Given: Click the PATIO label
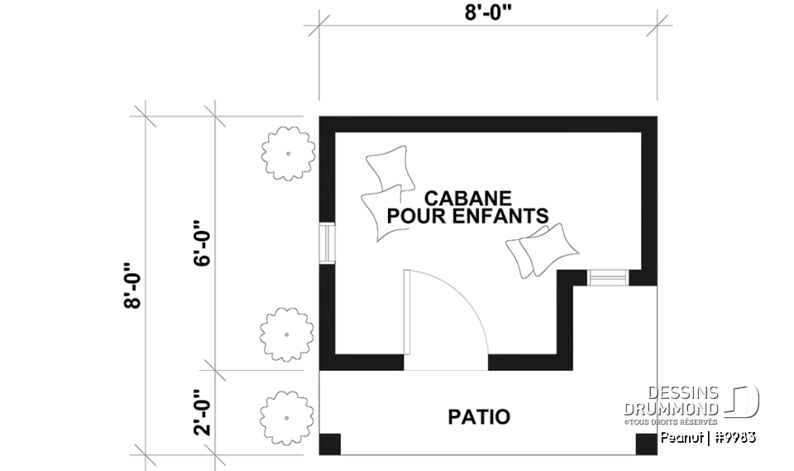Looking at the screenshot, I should click(x=479, y=416).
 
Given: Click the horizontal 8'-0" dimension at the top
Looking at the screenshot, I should click(x=488, y=12).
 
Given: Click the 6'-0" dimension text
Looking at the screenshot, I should click(x=201, y=243).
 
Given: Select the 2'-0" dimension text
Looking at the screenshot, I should click(x=201, y=411).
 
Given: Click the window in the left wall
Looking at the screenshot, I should click(x=327, y=243).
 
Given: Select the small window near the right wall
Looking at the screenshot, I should click(x=607, y=278).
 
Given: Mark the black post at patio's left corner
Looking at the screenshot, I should click(x=330, y=445).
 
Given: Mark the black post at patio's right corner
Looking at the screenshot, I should click(x=646, y=445).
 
